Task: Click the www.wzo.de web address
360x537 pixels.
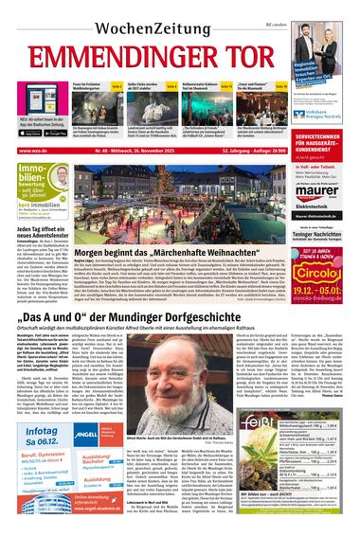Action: click(30, 151)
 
